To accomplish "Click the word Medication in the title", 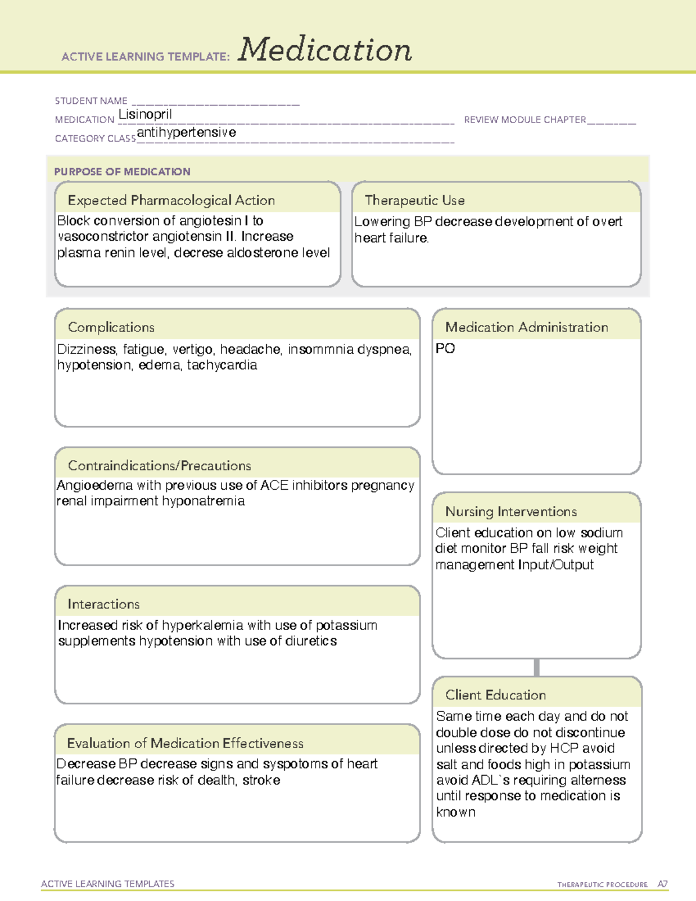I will pos(325,50).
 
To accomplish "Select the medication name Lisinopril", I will pos(145,114).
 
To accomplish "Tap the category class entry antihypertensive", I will pos(186,132).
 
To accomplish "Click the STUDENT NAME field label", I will pos(91,101).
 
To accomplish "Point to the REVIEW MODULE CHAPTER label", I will pos(525,120).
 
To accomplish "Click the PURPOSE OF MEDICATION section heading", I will pos(122,172).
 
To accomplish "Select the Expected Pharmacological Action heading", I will pos(171,200).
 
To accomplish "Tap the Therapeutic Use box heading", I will pos(415,200).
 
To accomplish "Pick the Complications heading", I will pos(111,327).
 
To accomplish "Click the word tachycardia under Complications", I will pos(222,365).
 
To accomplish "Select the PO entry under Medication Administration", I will pos(445,349).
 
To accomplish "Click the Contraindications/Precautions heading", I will pos(159,465).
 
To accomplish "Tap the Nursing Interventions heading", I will pos(511,511).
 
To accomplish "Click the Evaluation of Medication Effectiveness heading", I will pos(185,743).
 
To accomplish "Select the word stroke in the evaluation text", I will pos(261,780).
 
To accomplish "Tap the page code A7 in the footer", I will pos(662,884).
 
